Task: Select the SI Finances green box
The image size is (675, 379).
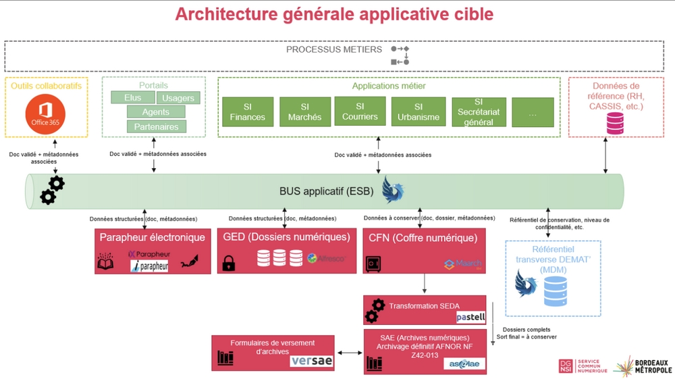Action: [x=248, y=111]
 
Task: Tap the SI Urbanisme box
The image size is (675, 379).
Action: [x=418, y=111]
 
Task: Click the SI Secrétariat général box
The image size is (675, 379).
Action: [x=475, y=112]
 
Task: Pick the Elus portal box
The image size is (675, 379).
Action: [x=133, y=98]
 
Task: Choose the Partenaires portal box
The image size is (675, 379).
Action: [x=156, y=126]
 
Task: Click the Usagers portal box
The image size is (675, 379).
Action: [x=178, y=98]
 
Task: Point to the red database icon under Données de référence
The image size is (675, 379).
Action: [x=615, y=124]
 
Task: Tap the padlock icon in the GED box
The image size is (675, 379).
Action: [x=229, y=262]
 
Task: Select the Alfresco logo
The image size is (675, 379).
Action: [x=321, y=258]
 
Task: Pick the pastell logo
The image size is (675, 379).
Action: [x=470, y=316]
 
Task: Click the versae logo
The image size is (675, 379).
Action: [x=311, y=361]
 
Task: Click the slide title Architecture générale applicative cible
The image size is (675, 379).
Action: [x=334, y=14]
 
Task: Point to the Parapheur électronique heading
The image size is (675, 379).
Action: [x=152, y=237]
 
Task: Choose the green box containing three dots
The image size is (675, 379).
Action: [x=533, y=112]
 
